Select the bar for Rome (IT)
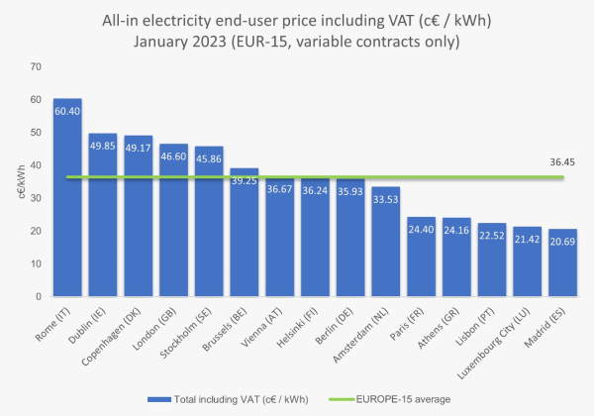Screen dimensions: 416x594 (67, 198)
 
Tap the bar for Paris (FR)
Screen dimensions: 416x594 (421, 257)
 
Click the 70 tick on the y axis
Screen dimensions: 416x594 (36, 66)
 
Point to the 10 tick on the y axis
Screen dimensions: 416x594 (36, 263)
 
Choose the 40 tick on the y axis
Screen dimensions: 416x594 (36, 165)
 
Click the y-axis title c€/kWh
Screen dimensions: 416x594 (19, 181)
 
